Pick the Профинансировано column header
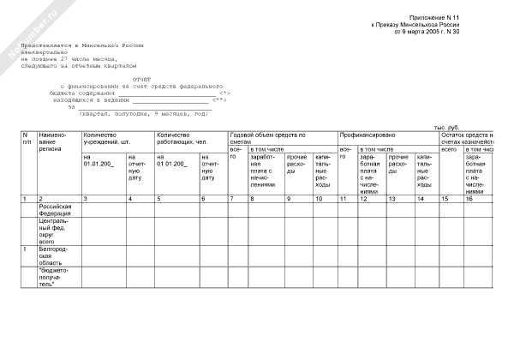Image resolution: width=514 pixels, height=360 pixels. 367,135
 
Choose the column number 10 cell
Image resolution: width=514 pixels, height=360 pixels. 318,199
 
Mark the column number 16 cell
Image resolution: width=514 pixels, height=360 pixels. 469,199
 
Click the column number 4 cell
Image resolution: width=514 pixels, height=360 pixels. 131,199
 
